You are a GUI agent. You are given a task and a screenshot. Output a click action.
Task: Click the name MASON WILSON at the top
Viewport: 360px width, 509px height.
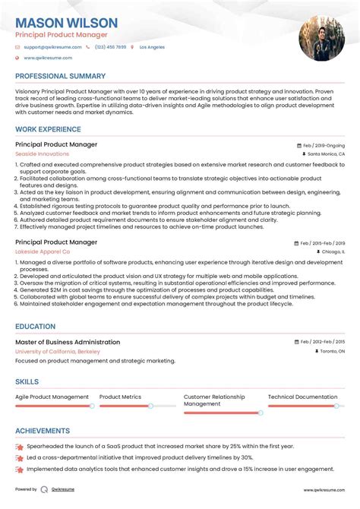click(x=66, y=23)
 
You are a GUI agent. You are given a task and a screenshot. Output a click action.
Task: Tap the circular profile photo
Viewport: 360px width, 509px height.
click(x=316, y=38)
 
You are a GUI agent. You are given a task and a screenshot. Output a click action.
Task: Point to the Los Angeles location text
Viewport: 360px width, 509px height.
click(x=152, y=47)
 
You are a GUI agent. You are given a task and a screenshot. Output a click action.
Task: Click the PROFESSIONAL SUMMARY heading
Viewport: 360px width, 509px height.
click(x=60, y=76)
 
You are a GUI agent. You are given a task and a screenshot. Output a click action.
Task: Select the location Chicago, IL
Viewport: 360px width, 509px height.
click(x=331, y=251)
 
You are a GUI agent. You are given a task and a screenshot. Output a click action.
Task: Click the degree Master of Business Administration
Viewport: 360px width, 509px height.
click(x=68, y=342)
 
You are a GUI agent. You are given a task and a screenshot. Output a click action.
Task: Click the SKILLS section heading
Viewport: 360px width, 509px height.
click(x=27, y=381)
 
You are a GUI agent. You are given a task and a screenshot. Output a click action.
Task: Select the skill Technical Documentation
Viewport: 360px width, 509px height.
click(x=302, y=397)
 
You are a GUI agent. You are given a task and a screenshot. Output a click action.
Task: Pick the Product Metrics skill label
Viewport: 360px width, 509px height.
click(x=120, y=397)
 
